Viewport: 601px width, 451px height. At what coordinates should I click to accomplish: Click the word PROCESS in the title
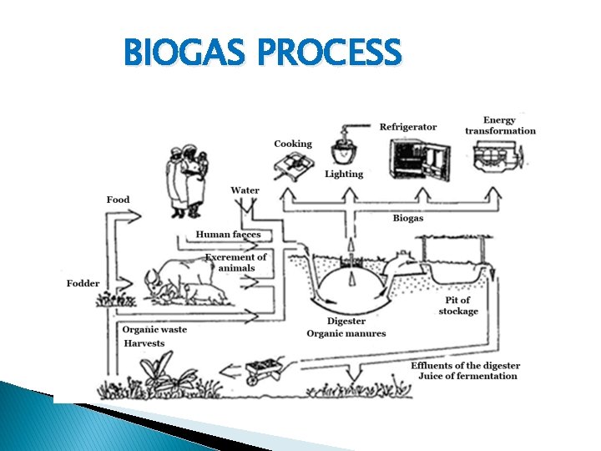coord(330,53)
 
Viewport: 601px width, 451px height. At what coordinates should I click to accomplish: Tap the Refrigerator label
coord(408,127)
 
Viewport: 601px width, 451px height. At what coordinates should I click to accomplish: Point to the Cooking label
coord(293,144)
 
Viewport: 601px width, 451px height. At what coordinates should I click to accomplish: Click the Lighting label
coord(344,174)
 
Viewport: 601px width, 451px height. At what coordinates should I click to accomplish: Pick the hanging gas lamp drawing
coord(342,149)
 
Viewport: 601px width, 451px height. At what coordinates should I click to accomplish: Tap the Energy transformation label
coord(501,125)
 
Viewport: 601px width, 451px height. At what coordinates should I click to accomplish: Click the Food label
coord(118,200)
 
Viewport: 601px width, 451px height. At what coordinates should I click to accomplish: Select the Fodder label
coord(83,283)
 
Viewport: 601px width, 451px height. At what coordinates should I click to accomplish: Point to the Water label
coord(245,190)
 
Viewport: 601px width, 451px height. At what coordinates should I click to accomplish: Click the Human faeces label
coord(228,235)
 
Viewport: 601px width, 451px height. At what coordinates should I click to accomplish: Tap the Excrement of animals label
coord(236,262)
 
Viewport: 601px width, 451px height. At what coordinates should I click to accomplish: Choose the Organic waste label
coord(154,329)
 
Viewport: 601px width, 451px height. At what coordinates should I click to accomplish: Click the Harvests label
coord(144,343)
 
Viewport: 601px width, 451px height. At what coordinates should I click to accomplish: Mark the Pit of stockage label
coord(458,306)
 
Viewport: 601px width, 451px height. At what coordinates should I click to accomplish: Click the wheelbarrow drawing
coord(266,367)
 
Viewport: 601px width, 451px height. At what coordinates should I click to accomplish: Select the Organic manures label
coord(346,334)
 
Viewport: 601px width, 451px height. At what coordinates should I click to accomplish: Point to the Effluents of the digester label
coord(465,366)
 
